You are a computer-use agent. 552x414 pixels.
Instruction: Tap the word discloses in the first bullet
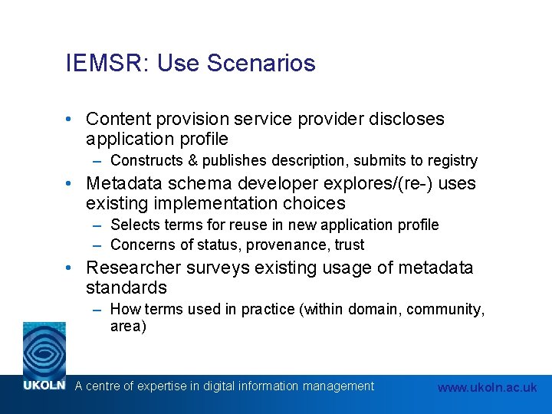click(x=406, y=120)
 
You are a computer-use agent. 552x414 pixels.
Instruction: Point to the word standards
click(x=127, y=288)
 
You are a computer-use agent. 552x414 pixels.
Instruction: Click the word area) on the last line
click(x=128, y=327)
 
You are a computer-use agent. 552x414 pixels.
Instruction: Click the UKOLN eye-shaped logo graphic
click(x=44, y=350)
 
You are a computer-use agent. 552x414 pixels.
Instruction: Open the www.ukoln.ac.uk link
click(x=487, y=388)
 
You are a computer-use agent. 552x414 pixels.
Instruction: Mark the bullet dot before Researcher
click(x=70, y=268)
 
